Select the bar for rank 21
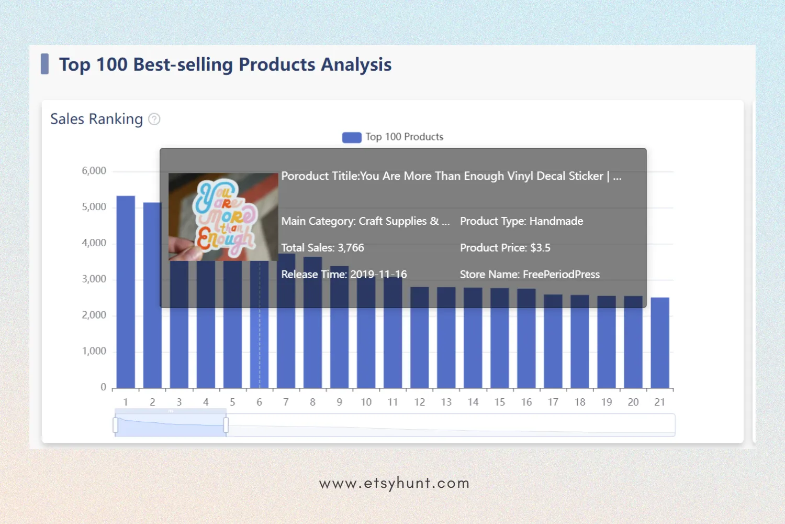(x=659, y=343)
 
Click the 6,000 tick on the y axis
(x=94, y=171)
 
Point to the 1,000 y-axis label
(x=94, y=351)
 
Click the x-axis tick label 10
(x=366, y=402)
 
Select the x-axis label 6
(x=259, y=402)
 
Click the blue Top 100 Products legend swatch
(x=351, y=137)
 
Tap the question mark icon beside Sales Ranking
(x=154, y=119)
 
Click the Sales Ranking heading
(x=96, y=119)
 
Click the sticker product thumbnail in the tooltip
(x=223, y=217)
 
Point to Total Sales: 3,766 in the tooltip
(x=322, y=248)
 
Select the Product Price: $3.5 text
(x=505, y=248)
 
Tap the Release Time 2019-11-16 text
(x=344, y=275)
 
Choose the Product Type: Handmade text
(x=521, y=221)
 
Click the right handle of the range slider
(x=226, y=425)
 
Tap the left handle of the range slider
(x=116, y=425)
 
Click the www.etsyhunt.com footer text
(x=394, y=483)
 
